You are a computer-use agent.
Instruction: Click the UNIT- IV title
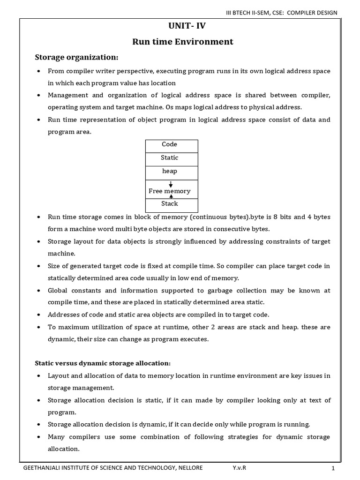pyautogui.click(x=180, y=27)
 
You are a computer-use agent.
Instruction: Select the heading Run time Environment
pyautogui.click(x=180, y=42)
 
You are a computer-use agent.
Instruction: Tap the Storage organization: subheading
pyautogui.click(x=77, y=57)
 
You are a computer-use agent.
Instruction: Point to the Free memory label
pyautogui.click(x=170, y=191)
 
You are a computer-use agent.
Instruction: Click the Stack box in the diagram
pyautogui.click(x=170, y=204)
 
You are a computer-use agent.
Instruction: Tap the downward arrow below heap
pyautogui.click(x=171, y=184)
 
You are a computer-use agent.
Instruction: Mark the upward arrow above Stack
pyautogui.click(x=171, y=197)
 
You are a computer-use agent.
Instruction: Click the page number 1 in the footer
pyautogui.click(x=333, y=468)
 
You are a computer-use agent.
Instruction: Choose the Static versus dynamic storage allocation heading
pyautogui.click(x=103, y=363)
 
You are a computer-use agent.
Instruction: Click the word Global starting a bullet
pyautogui.click(x=58, y=291)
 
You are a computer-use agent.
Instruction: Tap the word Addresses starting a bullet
pyautogui.click(x=64, y=315)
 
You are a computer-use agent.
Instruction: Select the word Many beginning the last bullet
pyautogui.click(x=57, y=437)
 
